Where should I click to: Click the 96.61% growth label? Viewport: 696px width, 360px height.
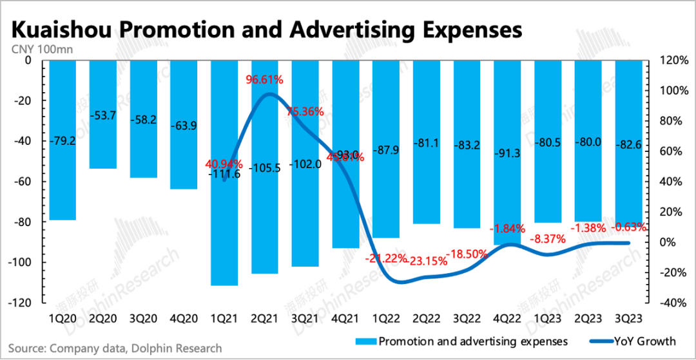265,81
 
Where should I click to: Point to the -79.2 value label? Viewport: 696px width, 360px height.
62,140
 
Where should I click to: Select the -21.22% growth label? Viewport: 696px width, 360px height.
385,259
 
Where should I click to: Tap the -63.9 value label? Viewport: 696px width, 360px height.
183,126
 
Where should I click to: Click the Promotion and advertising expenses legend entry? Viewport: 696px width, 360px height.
463,341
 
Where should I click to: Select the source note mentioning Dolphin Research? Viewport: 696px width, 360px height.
115,348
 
